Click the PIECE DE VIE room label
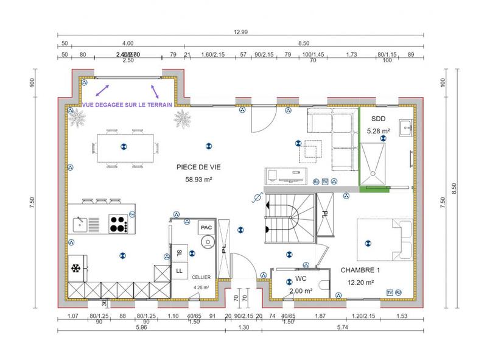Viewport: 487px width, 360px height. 198,166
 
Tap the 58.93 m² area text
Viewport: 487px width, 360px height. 198,179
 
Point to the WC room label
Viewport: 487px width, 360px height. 300,279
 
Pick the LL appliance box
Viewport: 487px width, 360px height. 180,269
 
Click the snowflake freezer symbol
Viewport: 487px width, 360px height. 77,269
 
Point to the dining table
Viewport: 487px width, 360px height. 122,146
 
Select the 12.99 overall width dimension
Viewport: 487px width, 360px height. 239,32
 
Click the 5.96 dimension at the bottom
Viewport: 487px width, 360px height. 141,328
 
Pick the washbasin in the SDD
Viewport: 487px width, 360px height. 407,127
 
